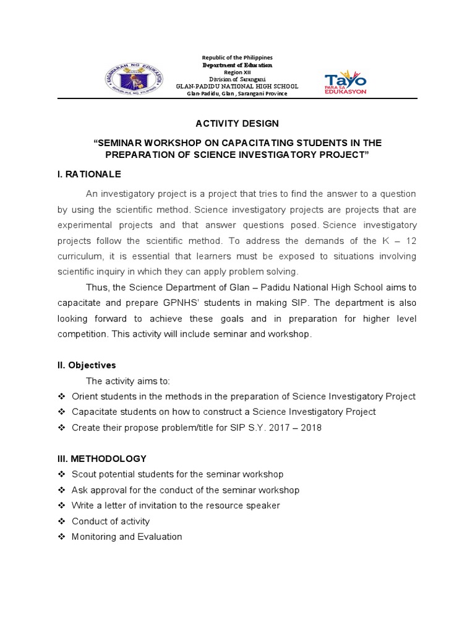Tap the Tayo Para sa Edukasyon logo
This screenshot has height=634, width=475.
346,82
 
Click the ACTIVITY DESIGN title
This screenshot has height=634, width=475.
237,124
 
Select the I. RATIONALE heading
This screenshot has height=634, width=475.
89,173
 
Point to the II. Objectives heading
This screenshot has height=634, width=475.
87,365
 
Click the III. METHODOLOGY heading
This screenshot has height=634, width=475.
102,459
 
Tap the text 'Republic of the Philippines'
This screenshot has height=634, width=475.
237,58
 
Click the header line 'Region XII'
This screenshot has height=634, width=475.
237,72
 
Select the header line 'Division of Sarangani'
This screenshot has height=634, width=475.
237,79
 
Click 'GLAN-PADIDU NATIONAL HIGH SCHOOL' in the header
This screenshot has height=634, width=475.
237,87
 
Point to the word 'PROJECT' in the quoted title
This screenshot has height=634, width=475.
339,155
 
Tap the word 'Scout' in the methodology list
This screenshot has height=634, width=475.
83,474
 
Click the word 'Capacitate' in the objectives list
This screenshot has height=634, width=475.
93,412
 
